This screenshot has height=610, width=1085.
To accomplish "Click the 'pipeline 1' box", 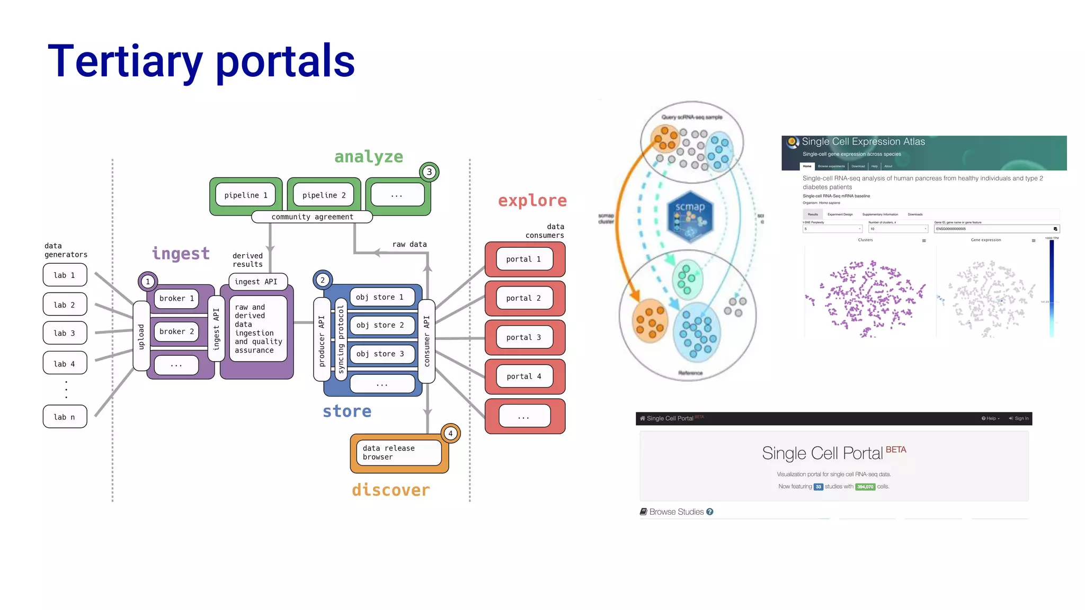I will click(246, 195).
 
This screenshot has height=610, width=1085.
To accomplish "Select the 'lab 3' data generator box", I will click(65, 333).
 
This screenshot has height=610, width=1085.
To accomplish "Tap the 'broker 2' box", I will click(176, 331).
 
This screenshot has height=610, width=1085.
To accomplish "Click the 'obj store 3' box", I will click(380, 354).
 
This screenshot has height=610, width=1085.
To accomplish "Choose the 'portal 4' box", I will click(524, 376).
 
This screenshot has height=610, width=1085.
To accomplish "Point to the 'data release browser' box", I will click(398, 453).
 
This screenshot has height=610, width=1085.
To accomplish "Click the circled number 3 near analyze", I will click(429, 172).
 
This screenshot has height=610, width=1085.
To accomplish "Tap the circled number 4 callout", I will click(451, 434).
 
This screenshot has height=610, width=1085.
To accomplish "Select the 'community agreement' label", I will click(312, 217).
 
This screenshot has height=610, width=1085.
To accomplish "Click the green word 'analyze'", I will click(369, 157).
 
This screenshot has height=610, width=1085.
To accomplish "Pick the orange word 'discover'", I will click(391, 490).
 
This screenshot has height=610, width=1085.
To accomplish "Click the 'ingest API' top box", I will click(257, 282).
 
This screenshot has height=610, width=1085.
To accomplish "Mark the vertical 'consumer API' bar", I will click(427, 341).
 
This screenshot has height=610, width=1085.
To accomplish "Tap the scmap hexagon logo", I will click(690, 217).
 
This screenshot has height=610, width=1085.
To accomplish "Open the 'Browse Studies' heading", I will click(676, 512).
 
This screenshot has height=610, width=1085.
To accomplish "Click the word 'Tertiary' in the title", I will click(125, 61).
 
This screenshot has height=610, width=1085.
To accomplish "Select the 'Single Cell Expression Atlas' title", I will click(863, 141).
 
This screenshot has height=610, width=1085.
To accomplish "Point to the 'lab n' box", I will click(65, 417).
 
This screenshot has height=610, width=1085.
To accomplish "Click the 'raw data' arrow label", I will click(410, 245).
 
